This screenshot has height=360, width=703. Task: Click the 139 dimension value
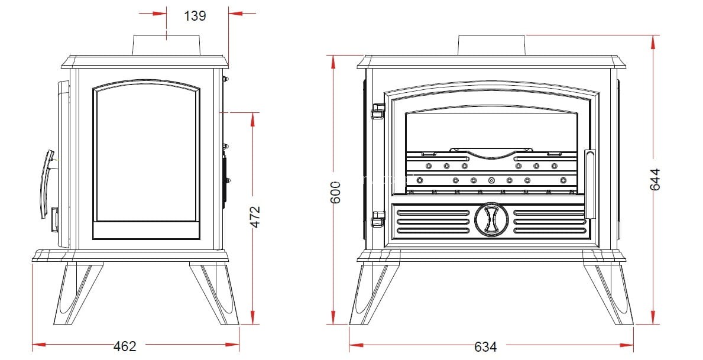[195, 16]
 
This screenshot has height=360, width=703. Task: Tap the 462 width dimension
[125, 346]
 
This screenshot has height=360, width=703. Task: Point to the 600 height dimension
[335, 192]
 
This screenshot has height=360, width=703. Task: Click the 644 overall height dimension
[655, 179]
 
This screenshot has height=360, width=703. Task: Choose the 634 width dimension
[485, 346]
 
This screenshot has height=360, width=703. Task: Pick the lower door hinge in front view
[375, 221]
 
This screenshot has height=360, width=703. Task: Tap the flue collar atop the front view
[491, 45]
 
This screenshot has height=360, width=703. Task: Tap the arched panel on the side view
[146, 160]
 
